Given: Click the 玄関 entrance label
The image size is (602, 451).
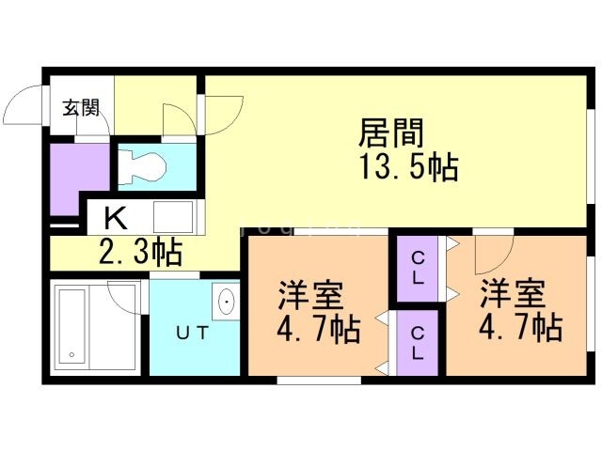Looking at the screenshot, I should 81,107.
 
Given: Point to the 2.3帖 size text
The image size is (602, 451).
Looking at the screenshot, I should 141,251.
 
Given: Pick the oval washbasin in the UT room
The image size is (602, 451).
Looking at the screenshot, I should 227,303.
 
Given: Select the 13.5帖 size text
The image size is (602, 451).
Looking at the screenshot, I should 406,168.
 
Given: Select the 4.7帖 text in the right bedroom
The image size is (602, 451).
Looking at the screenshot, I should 519,329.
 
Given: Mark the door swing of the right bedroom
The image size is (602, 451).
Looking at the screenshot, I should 491,250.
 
